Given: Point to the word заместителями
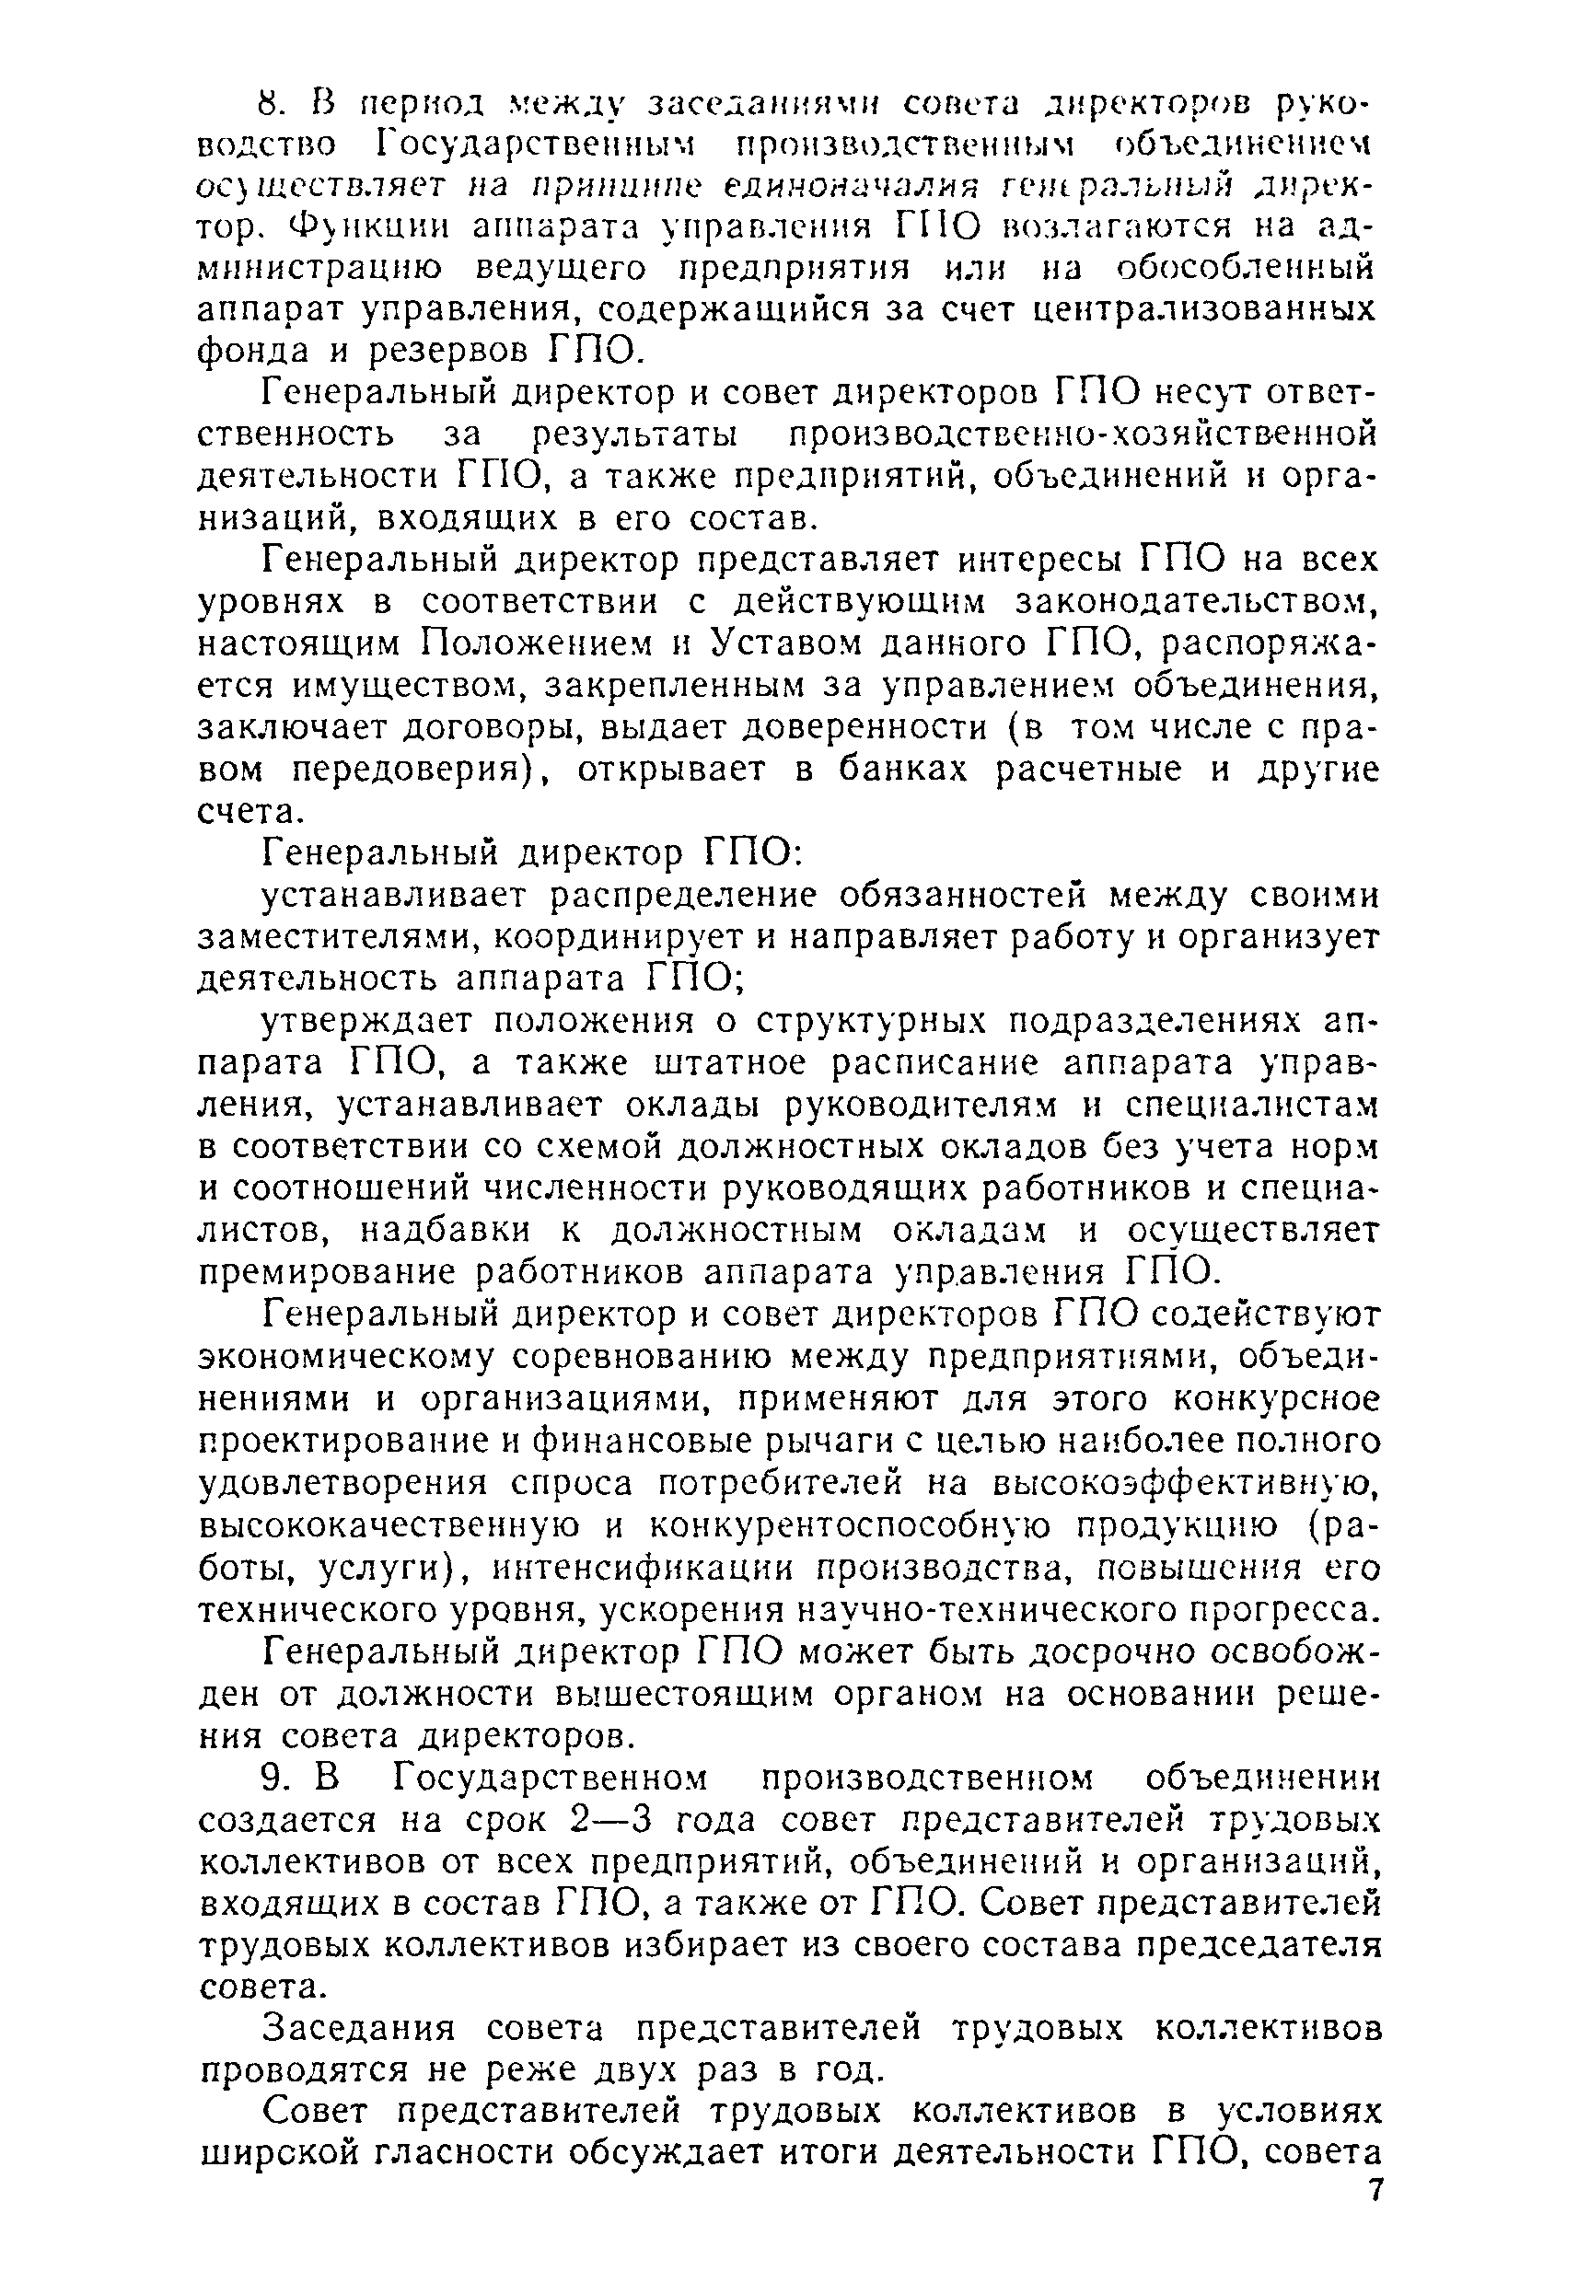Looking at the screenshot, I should point(335,934).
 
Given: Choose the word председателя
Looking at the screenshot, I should point(1255,1945).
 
